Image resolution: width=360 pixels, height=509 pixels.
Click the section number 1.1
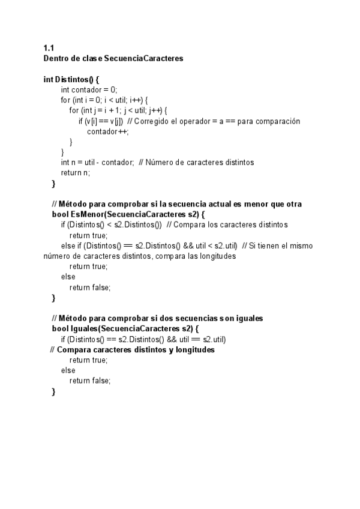pos(49,47)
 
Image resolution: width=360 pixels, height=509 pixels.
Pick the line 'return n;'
pos(75,173)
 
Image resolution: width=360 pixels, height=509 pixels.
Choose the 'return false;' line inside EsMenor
pos(90,288)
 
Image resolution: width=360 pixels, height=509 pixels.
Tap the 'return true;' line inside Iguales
pos(88,360)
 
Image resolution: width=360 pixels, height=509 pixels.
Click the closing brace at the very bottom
pos(53,392)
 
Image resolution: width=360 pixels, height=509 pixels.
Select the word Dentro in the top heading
pos(56,58)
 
